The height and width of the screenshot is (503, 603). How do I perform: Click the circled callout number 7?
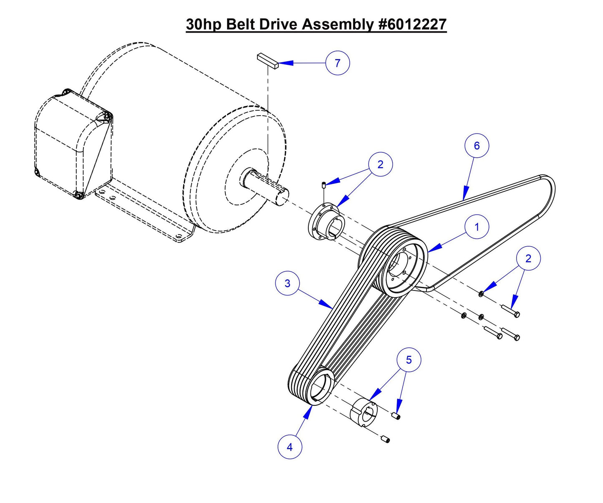pos(337,63)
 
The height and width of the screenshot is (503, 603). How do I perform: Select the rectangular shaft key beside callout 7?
pos(267,60)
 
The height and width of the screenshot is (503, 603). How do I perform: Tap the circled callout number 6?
pos(476,146)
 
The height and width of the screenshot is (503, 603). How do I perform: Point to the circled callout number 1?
pos(477,227)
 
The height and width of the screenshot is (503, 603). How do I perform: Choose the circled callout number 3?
pos(287,283)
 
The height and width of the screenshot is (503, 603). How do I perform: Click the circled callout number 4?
pos(290,447)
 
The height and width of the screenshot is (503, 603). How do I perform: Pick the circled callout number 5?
pos(409,360)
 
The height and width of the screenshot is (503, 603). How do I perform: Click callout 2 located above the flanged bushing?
pos(380,164)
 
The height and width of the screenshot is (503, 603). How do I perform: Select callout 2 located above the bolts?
pos(528,258)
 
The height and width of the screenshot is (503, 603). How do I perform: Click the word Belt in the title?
pos(241,25)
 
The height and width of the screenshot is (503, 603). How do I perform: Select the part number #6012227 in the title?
pos(412,25)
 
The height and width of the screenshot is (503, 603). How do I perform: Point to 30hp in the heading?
pos(204,25)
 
